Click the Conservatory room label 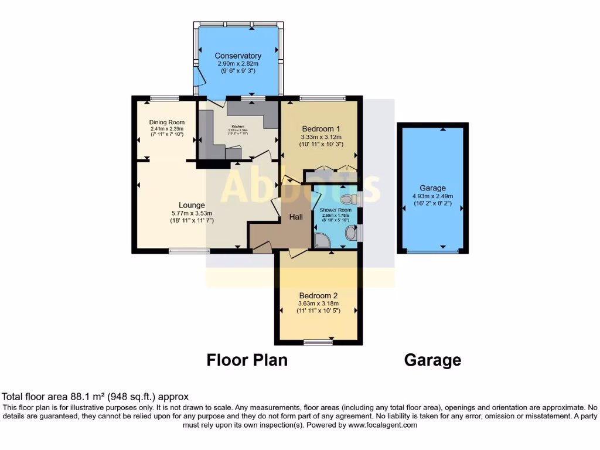[238, 56]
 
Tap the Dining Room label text [167, 122]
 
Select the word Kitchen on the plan [237, 126]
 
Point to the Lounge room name [192, 205]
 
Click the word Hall [296, 217]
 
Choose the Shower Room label [336, 210]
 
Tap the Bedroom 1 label [321, 129]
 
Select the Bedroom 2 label [318, 295]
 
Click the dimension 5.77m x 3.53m [190, 213]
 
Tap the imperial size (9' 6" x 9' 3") [238, 71]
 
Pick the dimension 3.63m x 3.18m [318, 304]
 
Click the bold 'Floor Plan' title [247, 360]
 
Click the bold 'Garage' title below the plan [432, 360]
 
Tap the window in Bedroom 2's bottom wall [319, 342]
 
